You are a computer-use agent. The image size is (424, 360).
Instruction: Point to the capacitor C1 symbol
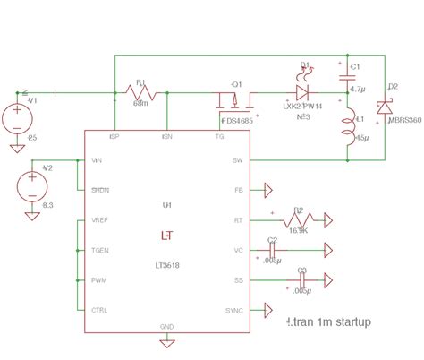click(345, 79)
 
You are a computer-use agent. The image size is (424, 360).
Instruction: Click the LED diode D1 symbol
click(302, 91)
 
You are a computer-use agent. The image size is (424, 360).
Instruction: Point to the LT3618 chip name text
click(167, 266)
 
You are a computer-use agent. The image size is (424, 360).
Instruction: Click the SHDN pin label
click(101, 191)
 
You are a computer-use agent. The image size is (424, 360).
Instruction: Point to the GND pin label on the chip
click(167, 327)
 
